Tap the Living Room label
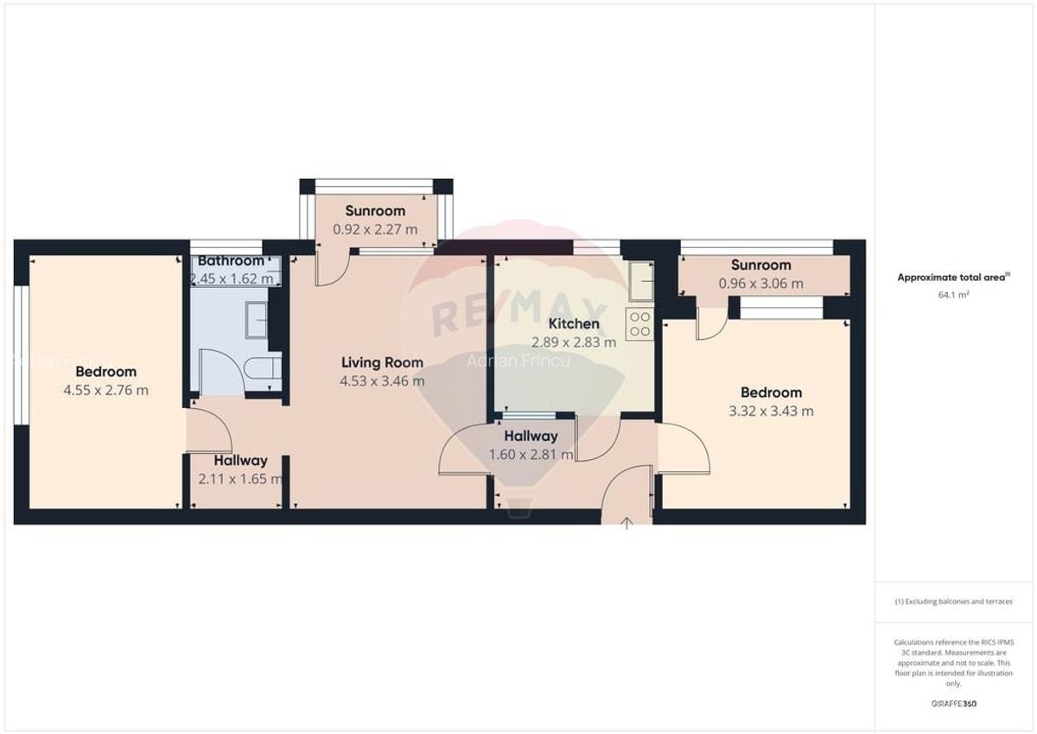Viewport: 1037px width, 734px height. coord(382,362)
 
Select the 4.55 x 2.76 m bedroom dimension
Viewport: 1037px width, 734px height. coord(105,390)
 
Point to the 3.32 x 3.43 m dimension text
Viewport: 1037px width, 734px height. coord(771,411)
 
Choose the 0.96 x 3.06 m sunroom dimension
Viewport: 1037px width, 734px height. coord(760,283)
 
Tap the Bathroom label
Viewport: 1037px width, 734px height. coord(231,261)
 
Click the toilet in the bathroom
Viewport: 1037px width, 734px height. coord(263,371)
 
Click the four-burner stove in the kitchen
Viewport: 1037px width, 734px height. coord(640,323)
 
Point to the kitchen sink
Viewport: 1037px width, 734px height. coord(640,281)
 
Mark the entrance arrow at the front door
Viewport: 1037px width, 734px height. coord(627,523)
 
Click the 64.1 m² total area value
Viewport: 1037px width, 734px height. coord(953,295)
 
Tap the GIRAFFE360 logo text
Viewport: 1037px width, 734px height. coord(953,704)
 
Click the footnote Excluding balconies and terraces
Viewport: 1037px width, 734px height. coord(953,602)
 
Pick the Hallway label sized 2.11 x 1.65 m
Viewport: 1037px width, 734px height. coord(241,461)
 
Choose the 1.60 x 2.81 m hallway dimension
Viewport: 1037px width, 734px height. coord(531,454)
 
